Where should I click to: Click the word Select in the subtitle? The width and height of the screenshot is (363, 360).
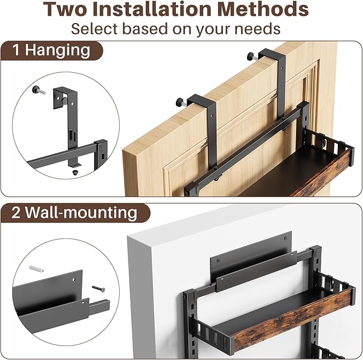click(x=96, y=28)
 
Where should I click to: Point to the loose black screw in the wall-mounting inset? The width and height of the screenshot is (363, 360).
click(x=98, y=289)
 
